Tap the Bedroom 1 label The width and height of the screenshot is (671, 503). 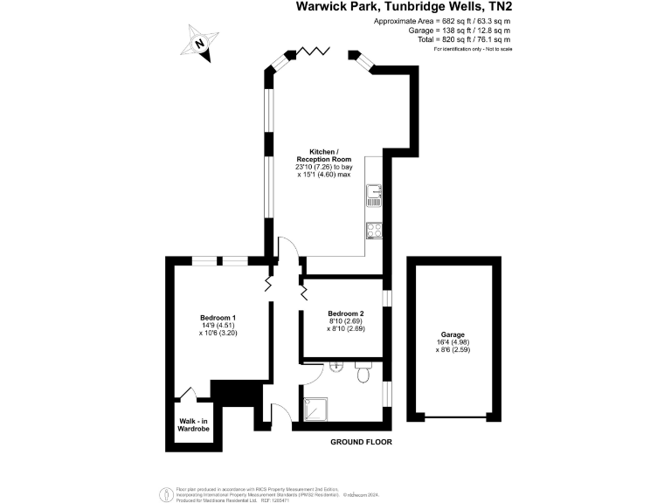218,316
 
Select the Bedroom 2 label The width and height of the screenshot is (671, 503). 346,314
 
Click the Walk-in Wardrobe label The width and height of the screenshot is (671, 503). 195,424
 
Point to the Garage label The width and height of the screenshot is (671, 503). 453,334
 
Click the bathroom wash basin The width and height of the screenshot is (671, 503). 335,367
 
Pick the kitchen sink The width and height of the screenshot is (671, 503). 373,195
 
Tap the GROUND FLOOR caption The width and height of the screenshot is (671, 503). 361,443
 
